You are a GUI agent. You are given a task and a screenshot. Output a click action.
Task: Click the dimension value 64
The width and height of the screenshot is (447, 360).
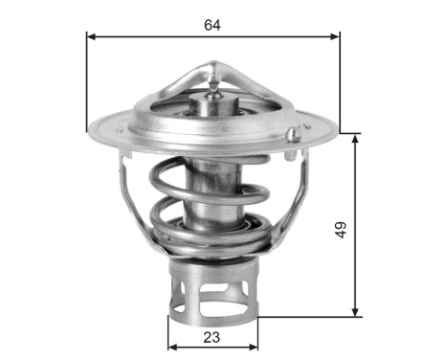coord(212,25)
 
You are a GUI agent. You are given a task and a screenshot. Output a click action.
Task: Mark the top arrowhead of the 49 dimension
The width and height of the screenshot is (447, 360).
coord(356,137)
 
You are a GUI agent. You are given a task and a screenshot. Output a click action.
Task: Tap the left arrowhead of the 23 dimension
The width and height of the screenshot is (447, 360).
coord(171,347)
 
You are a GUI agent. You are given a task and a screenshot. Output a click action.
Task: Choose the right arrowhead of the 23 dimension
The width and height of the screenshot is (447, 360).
coord(254,347)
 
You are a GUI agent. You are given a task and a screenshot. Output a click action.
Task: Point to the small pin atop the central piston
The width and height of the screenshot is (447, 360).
coord(212,88)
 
